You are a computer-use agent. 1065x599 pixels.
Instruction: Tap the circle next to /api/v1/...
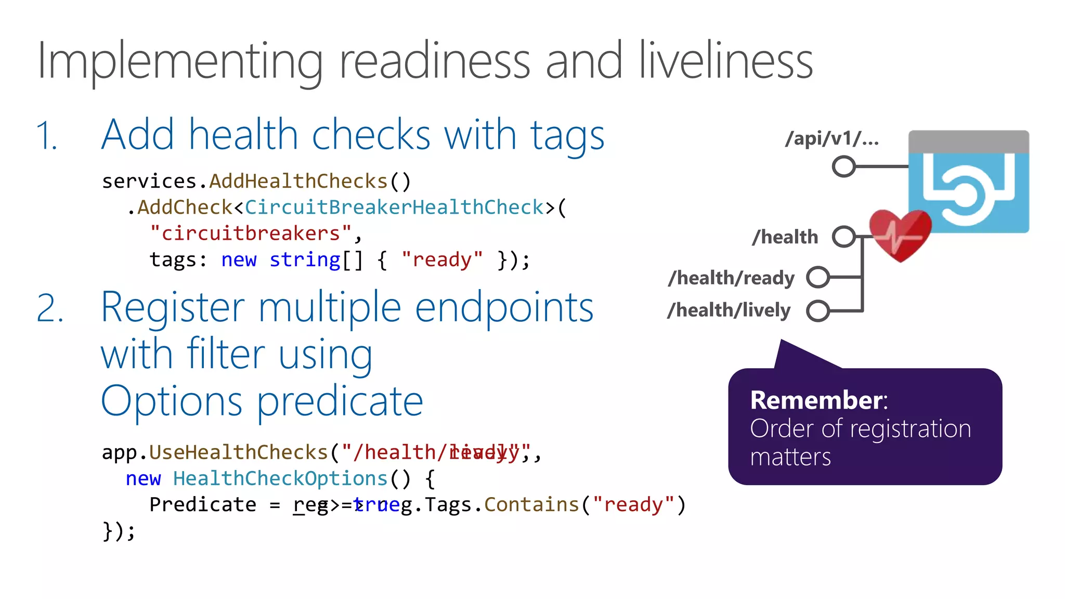coord(843,166)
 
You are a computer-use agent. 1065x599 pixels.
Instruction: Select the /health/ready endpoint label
coord(731,278)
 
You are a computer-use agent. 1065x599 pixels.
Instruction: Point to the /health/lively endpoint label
coord(729,310)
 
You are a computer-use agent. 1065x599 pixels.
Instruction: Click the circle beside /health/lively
coord(818,311)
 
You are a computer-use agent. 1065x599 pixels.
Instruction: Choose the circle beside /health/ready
coord(818,277)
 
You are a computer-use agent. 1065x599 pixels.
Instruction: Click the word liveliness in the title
coord(725,61)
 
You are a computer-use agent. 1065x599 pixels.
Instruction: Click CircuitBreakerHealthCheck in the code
coord(394,207)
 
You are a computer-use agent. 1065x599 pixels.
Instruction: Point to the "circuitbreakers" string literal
coord(251,233)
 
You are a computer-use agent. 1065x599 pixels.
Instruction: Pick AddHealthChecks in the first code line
coord(298,181)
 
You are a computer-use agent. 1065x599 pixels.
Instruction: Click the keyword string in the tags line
coord(305,259)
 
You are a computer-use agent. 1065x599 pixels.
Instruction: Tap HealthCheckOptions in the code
coord(280,478)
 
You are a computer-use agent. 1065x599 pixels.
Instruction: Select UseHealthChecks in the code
coord(239,452)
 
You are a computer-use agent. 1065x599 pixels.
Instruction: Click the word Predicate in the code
coord(203,504)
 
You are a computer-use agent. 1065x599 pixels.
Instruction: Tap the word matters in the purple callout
coord(790,457)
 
